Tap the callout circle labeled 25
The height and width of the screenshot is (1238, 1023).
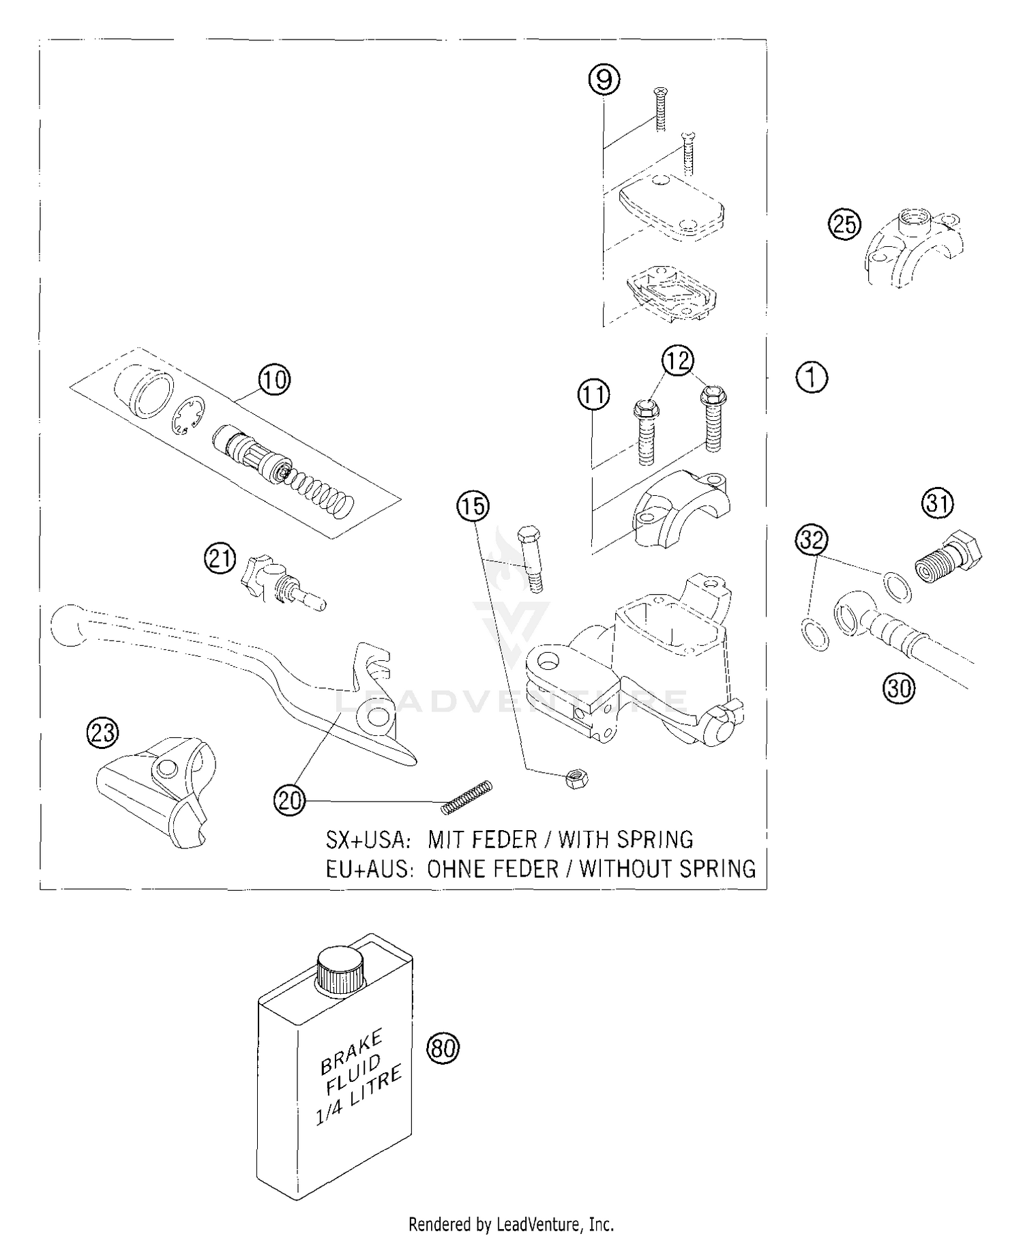[844, 224]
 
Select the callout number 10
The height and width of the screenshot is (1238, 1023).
[274, 380]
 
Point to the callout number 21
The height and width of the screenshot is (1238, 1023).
[220, 560]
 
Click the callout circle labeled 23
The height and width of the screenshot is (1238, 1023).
[102, 733]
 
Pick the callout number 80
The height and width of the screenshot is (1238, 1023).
[443, 1047]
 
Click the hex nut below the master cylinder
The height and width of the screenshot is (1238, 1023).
[578, 778]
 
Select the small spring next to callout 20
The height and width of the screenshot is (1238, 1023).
[466, 796]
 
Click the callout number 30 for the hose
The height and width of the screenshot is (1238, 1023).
[899, 689]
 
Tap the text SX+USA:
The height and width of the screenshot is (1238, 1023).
[369, 839]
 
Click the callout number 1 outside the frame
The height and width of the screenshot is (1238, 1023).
[812, 377]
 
